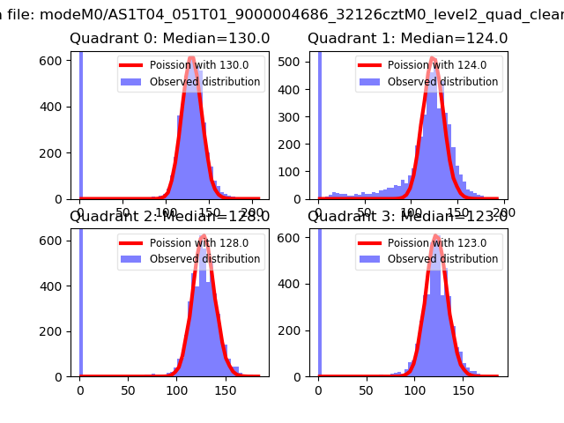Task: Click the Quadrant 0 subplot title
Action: [169, 39]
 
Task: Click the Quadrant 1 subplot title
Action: [407, 39]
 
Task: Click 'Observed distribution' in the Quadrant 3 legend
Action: [442, 259]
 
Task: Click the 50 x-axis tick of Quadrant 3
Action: [363, 391]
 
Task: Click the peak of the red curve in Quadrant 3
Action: [432, 237]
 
